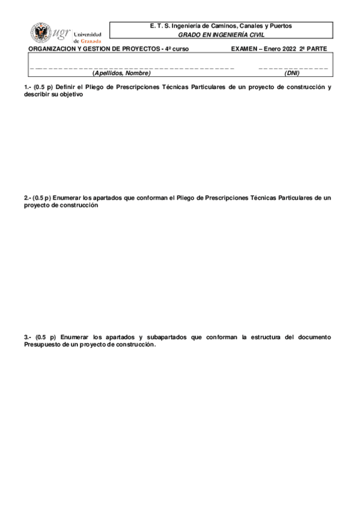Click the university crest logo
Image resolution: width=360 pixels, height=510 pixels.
41,32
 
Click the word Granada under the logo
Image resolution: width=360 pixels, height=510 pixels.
91,41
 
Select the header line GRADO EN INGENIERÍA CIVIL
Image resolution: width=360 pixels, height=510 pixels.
221,35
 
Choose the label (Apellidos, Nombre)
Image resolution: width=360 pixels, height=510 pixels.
121,73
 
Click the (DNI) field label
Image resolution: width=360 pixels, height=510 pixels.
292,73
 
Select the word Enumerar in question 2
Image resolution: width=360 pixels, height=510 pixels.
67,197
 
